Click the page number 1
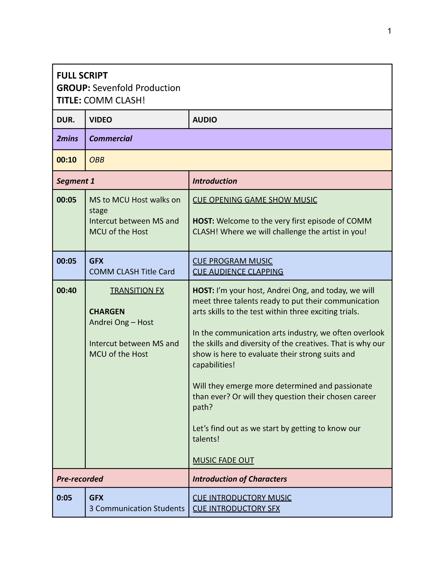[389, 31]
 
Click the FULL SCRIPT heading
[82, 76]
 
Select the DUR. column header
[66, 120]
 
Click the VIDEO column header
[100, 120]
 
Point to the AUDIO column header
[205, 120]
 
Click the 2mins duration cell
[67, 139]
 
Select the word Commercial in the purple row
[110, 139]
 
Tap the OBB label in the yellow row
[97, 160]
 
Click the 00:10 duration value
[66, 160]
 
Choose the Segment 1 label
[75, 181]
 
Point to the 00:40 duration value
[66, 290]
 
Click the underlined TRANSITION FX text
[137, 290]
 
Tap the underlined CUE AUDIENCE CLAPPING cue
[238, 272]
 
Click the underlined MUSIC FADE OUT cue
[223, 460]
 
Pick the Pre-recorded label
[80, 479]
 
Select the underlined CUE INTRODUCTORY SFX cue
[236, 509]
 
